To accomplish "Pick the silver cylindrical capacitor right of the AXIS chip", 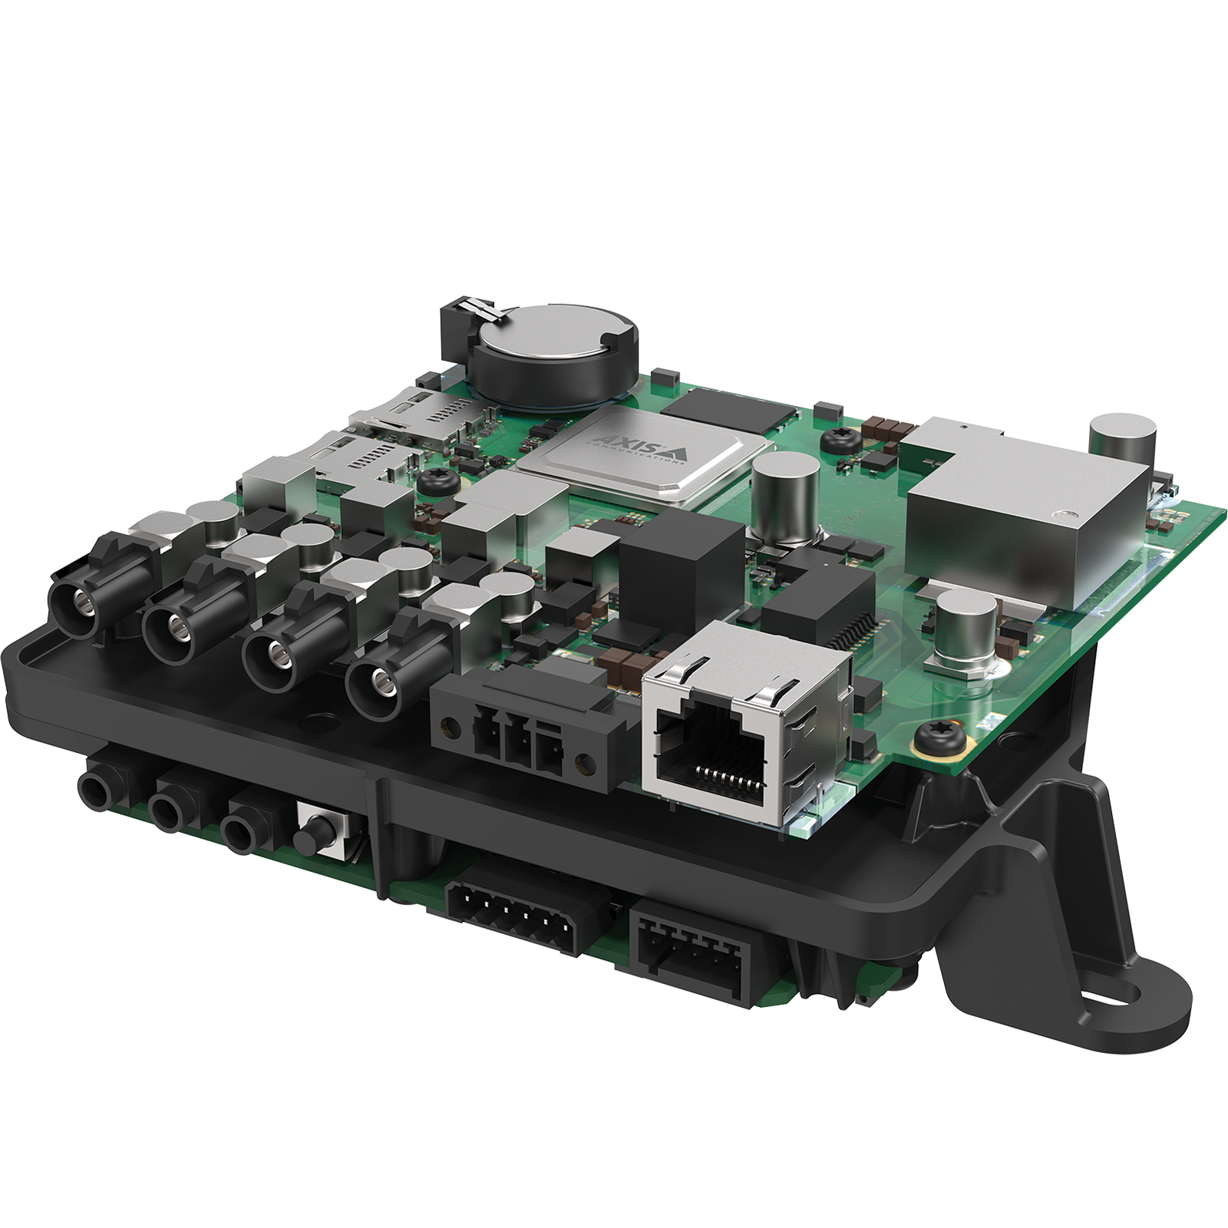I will click(787, 491).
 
